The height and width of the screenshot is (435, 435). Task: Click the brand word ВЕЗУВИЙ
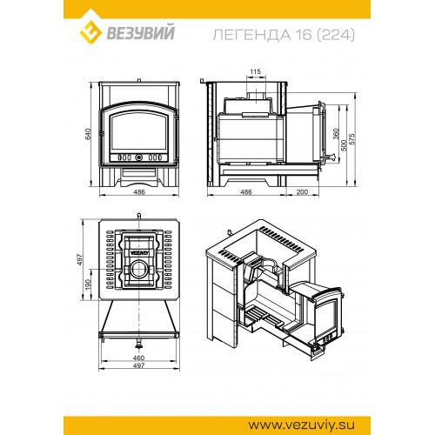pyautogui.click(x=141, y=32)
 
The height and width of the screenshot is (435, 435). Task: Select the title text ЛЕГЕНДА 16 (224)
pyautogui.click(x=284, y=35)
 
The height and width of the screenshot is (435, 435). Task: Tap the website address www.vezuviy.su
pyautogui.click(x=301, y=425)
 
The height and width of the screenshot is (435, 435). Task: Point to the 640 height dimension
pyautogui.click(x=88, y=134)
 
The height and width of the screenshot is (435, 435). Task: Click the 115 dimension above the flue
pyautogui.click(x=255, y=71)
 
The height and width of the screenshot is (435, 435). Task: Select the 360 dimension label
pyautogui.click(x=336, y=134)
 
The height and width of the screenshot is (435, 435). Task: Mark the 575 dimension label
pyautogui.click(x=351, y=139)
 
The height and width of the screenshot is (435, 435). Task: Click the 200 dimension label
pyautogui.click(x=302, y=191)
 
